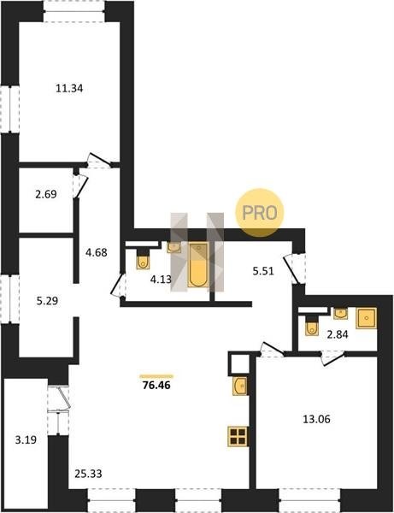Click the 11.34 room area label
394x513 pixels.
point(69,88)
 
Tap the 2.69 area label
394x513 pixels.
point(46,194)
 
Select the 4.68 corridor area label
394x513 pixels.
point(96,252)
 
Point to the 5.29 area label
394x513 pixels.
point(47,301)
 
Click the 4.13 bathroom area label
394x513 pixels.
point(161,280)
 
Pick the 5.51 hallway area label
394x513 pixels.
point(263,271)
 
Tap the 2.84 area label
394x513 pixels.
point(338,334)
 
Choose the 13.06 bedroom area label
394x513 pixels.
point(316,419)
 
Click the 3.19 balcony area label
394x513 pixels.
point(26,440)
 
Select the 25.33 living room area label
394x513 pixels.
point(88,474)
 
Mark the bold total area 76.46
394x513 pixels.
point(156,386)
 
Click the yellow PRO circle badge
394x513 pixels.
point(260,213)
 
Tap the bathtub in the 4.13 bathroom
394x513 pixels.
point(197,265)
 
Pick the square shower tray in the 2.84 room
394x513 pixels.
point(366,318)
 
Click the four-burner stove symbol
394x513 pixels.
point(238,436)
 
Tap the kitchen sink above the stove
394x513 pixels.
point(240,386)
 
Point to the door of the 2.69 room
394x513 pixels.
point(80,186)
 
